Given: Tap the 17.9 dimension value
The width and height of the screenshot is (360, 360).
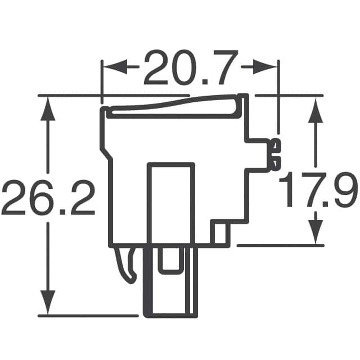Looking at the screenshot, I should (x=318, y=191).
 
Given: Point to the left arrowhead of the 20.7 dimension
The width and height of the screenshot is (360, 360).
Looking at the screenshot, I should (x=111, y=67).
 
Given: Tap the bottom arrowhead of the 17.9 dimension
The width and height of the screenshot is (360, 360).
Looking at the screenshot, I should (x=316, y=231).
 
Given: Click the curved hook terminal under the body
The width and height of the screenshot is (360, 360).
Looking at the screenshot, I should (x=128, y=267).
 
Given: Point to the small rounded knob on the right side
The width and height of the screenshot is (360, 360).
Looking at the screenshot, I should (x=274, y=153).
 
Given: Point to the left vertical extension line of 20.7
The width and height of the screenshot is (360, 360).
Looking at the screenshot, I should (x=101, y=79).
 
